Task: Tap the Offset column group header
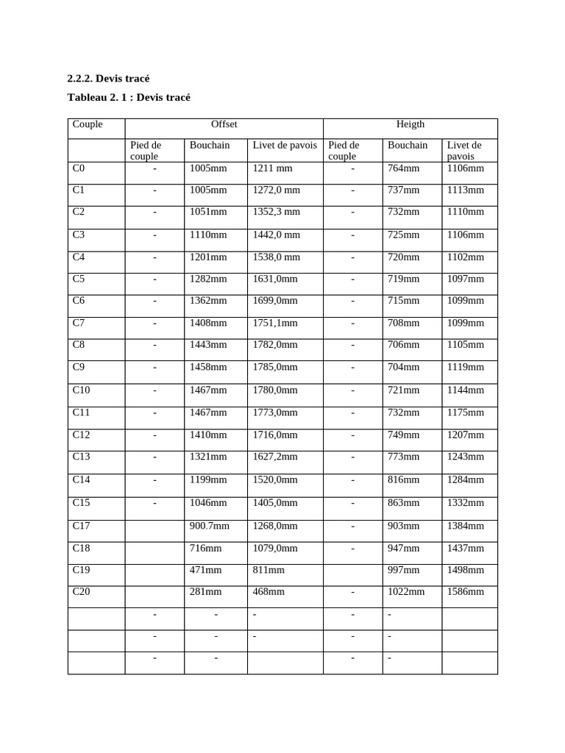tap(224, 124)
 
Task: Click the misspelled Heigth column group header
tap(411, 124)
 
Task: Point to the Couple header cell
tap(88, 124)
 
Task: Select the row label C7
tap(79, 322)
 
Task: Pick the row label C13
tap(82, 457)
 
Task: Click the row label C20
tap(82, 591)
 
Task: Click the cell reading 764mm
tap(404, 168)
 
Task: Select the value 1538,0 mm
tap(277, 257)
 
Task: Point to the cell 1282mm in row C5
tap(208, 279)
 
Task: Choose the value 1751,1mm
tap(275, 322)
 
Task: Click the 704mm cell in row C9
tap(404, 367)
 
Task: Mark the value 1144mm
tap(466, 390)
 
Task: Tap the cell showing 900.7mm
tap(210, 525)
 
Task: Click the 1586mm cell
tap(466, 591)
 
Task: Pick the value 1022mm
tap(406, 591)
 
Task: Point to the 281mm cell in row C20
tap(206, 591)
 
